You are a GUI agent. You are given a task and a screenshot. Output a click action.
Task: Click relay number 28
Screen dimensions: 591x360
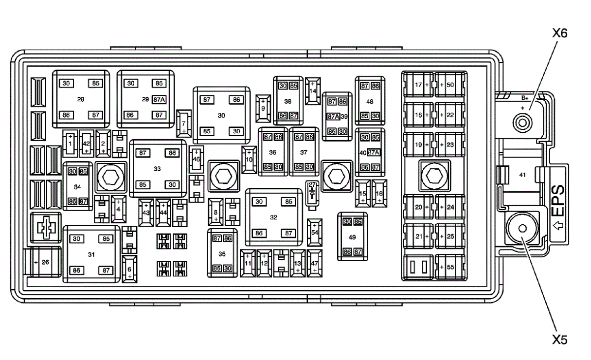(81, 99)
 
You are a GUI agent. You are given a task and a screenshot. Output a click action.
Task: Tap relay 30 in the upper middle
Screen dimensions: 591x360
(222, 115)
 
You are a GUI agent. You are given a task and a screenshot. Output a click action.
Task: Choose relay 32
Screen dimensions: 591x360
(273, 217)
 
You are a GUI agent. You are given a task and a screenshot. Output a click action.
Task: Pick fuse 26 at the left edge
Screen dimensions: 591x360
(44, 262)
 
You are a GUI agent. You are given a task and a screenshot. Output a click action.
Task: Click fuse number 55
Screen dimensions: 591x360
(450, 267)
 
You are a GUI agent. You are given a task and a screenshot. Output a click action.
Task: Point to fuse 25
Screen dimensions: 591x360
(450, 236)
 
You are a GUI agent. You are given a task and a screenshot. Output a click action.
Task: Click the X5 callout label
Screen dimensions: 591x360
(560, 339)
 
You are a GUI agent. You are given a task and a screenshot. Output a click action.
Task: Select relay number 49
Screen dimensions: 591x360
(353, 236)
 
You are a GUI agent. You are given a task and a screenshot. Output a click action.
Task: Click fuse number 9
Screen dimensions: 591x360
(263, 106)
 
